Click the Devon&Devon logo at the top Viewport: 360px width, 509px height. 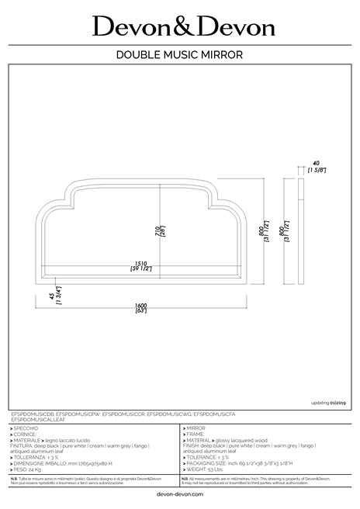[x=183, y=27]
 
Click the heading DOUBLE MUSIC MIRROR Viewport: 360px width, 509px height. [x=180, y=55]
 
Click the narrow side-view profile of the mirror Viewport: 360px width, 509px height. [x=301, y=232]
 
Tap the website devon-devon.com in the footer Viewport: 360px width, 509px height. [x=179, y=494]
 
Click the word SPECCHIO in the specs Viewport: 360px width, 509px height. [x=32, y=428]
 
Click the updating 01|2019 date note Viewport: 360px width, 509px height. [x=329, y=403]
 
